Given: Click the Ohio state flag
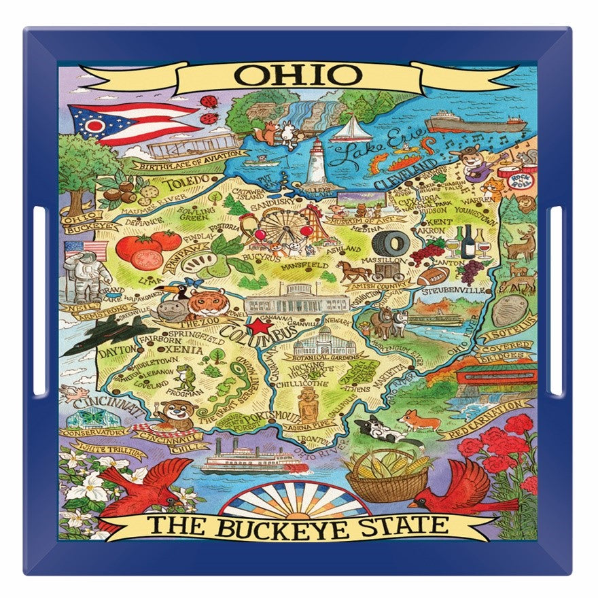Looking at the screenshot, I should pos(130,123).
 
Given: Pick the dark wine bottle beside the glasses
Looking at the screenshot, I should pos(468,241).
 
